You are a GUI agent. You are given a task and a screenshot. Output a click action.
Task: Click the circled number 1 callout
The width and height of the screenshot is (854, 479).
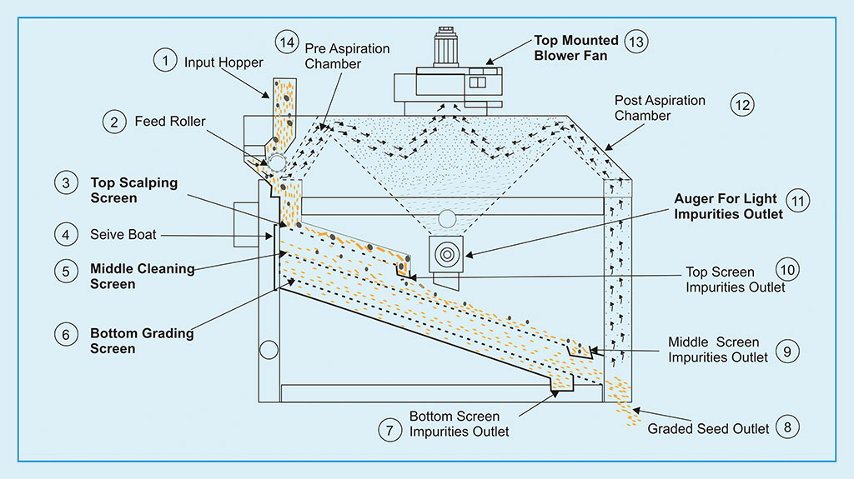[165, 60]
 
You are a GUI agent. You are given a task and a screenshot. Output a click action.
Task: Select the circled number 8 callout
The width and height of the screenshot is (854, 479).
[786, 428]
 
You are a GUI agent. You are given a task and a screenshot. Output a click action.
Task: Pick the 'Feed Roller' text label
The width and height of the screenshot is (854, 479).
[170, 122]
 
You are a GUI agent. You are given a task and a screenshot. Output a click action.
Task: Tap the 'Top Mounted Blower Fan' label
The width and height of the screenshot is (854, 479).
[576, 48]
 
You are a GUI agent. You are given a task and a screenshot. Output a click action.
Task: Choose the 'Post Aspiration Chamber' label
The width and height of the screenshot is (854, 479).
[660, 107]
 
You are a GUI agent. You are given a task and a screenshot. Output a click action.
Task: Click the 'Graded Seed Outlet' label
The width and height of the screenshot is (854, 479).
[708, 429]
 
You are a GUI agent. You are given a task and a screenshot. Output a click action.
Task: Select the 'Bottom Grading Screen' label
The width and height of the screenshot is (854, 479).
[142, 341]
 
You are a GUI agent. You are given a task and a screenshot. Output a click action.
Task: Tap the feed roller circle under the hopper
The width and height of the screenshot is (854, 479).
[276, 162]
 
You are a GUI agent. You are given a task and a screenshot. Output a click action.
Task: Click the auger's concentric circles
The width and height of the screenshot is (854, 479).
[446, 252]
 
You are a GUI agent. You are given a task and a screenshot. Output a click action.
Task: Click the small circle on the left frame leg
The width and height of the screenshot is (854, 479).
[269, 350]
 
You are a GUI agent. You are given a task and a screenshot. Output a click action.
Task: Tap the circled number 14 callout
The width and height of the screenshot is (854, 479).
[285, 41]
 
